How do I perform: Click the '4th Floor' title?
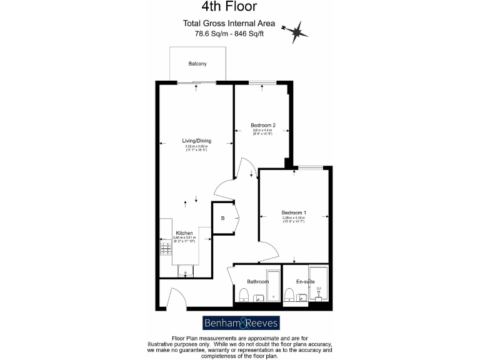pyautogui.click(x=228, y=7)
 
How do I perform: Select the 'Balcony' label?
pyautogui.click(x=197, y=64)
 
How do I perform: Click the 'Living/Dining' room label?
pyautogui.click(x=196, y=141)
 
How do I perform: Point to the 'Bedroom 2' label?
pyautogui.click(x=262, y=125)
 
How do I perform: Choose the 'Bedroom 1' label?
pyautogui.click(x=294, y=213)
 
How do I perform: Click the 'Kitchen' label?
pyautogui.click(x=184, y=233)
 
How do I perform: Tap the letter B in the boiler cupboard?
pyautogui.click(x=222, y=218)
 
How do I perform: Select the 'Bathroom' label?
pyautogui.click(x=257, y=282)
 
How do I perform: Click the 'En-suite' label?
pyautogui.click(x=306, y=282)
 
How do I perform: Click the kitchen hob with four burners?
pyautogui.click(x=166, y=249)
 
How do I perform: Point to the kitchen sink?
pyautogui.click(x=186, y=271)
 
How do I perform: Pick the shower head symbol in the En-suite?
pyautogui.click(x=318, y=290)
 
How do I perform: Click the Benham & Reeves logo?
pyautogui.click(x=241, y=323)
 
